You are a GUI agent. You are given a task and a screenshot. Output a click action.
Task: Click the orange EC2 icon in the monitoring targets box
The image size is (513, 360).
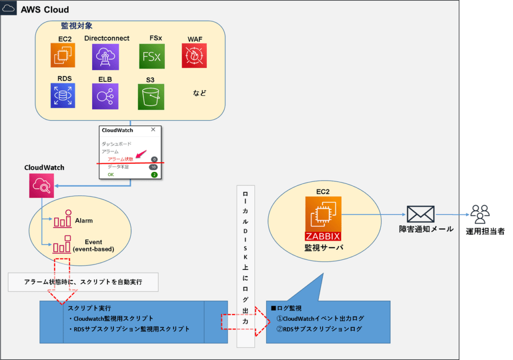coord(63,55)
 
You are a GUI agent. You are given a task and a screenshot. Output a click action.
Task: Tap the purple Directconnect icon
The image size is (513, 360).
coord(106,56)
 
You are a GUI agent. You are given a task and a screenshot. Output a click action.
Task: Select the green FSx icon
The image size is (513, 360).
coord(151,56)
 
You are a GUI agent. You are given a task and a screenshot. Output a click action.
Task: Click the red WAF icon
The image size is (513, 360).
coord(194,55)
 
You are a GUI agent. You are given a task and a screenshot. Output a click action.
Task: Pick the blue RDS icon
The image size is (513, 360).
coord(63,95)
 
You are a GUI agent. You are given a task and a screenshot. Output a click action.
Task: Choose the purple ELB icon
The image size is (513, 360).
coord(105,96)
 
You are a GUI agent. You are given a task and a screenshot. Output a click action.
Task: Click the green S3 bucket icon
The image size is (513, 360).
coord(151,97)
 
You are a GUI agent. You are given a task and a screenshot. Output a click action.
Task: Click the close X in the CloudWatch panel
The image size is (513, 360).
coord(153,130)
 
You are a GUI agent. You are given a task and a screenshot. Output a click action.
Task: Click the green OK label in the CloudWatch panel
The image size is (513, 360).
coord(111,174)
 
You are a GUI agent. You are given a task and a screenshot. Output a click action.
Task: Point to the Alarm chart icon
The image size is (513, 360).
coord(63,219)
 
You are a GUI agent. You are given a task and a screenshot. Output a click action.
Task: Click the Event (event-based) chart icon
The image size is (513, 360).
coord(63,244)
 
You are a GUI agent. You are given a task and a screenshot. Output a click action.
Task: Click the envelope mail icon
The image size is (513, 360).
coord(420,214)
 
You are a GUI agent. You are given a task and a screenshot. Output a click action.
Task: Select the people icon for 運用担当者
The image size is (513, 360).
coord(480,214)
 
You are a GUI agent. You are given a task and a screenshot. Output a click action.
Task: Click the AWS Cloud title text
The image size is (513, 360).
coord(45,10)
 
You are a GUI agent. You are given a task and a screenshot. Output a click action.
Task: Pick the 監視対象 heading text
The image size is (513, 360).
coord(77,26)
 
